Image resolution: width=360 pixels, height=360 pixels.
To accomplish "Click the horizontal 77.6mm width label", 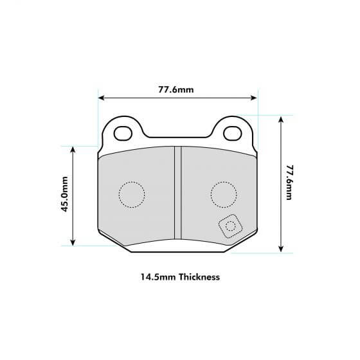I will coord(176,89).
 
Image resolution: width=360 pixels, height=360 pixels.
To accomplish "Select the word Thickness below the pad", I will coord(197,278).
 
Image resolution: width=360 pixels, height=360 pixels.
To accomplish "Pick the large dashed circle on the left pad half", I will coord(132,195).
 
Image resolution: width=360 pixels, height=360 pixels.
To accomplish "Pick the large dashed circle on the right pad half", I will coord(223,193).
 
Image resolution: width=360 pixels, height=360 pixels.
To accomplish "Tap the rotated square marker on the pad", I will coord(230,226).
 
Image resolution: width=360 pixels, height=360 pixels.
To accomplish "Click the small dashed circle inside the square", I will coord(230,226).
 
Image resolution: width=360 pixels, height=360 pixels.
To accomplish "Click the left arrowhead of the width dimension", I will coord(100,98).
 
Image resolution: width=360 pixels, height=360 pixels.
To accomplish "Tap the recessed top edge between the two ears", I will coord(177,137).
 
